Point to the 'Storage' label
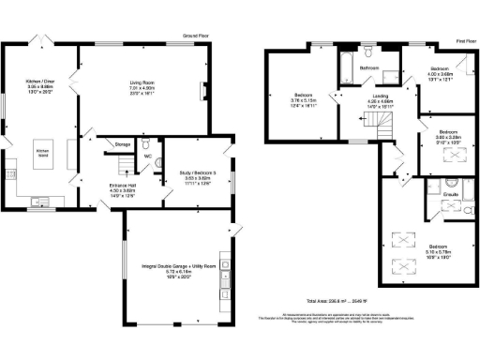[x=122, y=143]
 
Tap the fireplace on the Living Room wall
[x=203, y=92]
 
